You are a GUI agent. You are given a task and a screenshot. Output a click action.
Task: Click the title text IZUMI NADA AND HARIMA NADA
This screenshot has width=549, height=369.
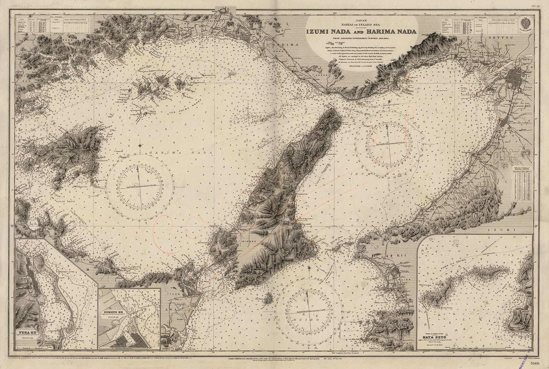point(361,32)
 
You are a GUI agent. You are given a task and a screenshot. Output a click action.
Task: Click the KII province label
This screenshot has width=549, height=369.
point(401,255)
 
